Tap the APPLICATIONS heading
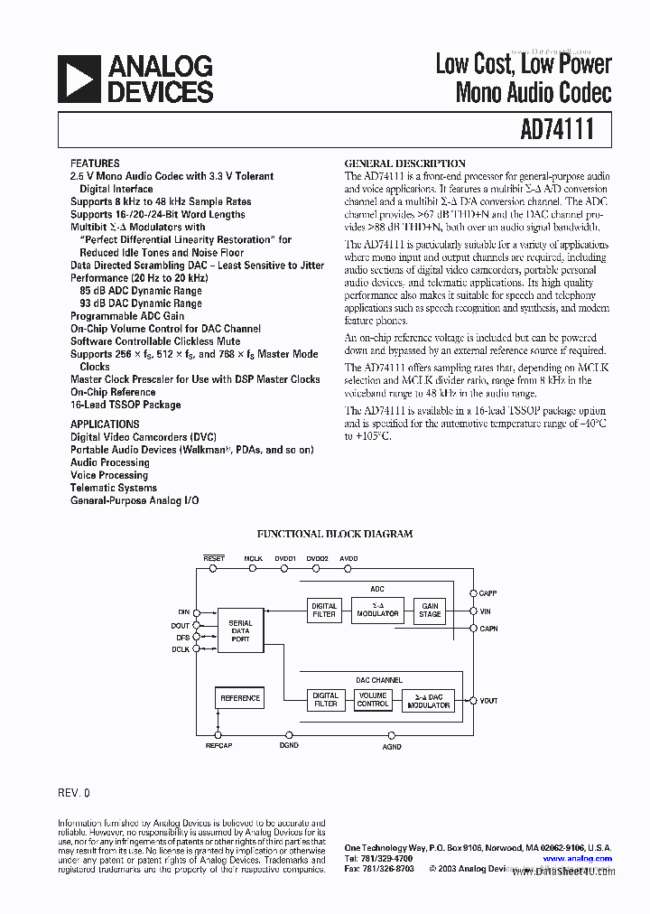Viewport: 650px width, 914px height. click(x=105, y=424)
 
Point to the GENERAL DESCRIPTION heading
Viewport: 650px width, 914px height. click(x=405, y=163)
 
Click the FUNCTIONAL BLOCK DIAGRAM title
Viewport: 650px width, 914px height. click(x=335, y=534)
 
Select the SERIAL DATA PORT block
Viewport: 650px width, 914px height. click(x=240, y=630)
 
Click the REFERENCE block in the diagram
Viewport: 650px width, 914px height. click(x=240, y=697)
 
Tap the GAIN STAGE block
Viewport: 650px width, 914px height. click(x=430, y=611)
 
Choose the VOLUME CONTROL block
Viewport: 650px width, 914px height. click(x=373, y=700)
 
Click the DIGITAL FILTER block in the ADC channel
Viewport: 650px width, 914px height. click(x=324, y=611)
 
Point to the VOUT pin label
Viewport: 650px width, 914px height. click(x=488, y=701)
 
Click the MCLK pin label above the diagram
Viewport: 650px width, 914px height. click(x=253, y=559)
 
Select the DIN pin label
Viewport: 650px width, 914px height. click(x=184, y=611)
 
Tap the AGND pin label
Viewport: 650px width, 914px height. click(x=392, y=747)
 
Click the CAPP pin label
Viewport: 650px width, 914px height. click(x=488, y=593)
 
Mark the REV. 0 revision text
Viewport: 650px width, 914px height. click(x=74, y=793)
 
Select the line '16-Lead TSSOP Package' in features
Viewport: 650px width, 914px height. click(x=125, y=405)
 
